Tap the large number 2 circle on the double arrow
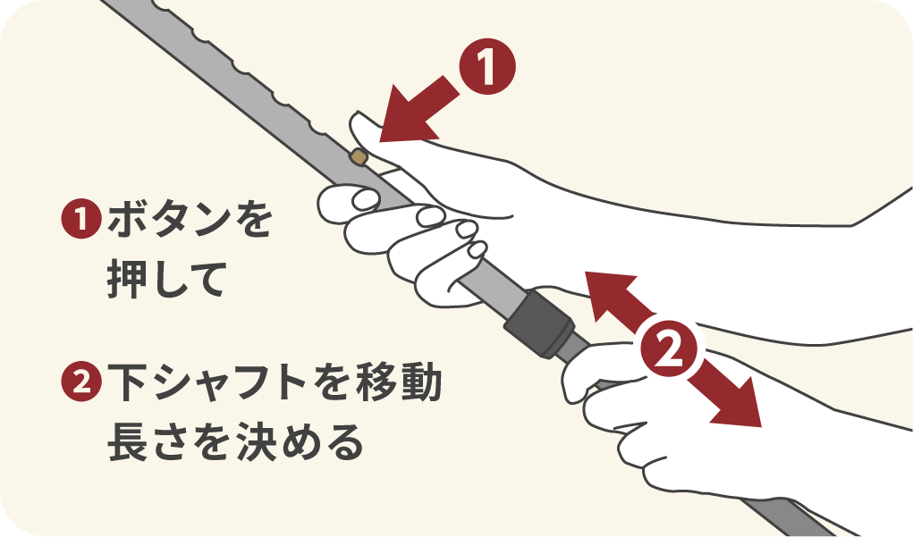tap(671, 348)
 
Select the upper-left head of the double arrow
tap(601, 286)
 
